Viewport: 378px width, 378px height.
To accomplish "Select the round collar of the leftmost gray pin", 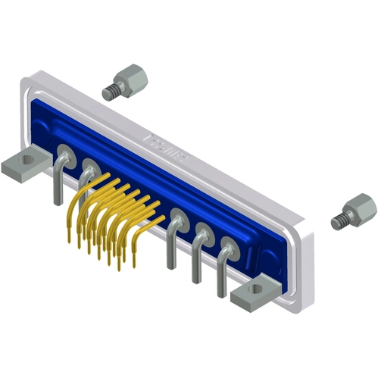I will pos(64,158).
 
